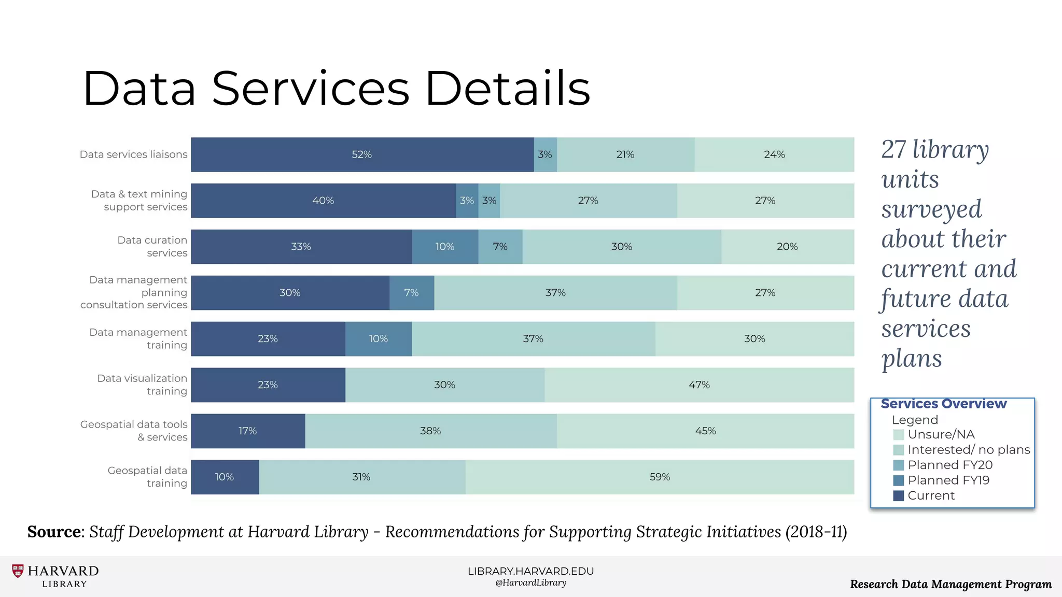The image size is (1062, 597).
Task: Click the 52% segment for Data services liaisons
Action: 362,154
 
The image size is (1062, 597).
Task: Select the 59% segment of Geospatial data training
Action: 660,477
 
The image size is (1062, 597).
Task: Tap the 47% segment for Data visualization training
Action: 699,385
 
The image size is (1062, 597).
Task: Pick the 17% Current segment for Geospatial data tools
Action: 248,431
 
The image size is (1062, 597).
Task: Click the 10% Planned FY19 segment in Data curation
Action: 445,247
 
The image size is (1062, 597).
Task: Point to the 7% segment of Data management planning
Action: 411,293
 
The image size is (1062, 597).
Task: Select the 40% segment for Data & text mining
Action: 323,201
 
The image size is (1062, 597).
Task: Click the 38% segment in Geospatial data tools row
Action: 430,431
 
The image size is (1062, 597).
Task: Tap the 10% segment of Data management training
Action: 379,339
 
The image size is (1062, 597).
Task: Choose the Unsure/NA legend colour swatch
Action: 899,435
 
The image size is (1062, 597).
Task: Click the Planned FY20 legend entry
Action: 949,465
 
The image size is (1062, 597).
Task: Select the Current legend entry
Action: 931,495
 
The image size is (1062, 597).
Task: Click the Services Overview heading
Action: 943,404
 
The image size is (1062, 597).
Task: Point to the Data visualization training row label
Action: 142,385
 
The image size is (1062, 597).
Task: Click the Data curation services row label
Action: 152,246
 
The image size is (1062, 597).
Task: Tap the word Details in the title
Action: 508,89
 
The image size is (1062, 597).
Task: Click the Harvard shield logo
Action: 18,571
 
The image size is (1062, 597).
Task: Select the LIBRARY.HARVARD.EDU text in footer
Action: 530,571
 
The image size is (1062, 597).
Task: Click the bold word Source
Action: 54,532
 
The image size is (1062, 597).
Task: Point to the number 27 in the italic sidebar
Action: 893,150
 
